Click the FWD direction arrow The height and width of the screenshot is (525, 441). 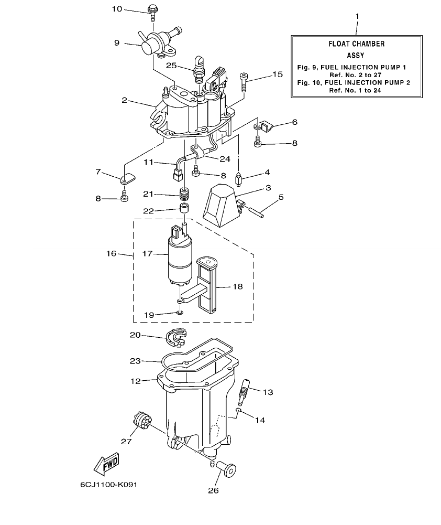[x=106, y=464]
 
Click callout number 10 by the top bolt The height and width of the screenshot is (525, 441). [x=117, y=9]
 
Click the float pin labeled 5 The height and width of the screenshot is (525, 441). [x=256, y=210]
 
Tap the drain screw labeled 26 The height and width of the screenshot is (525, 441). [x=228, y=468]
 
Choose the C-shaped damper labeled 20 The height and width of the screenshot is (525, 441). [x=176, y=338]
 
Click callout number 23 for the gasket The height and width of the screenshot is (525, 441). [x=135, y=361]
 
